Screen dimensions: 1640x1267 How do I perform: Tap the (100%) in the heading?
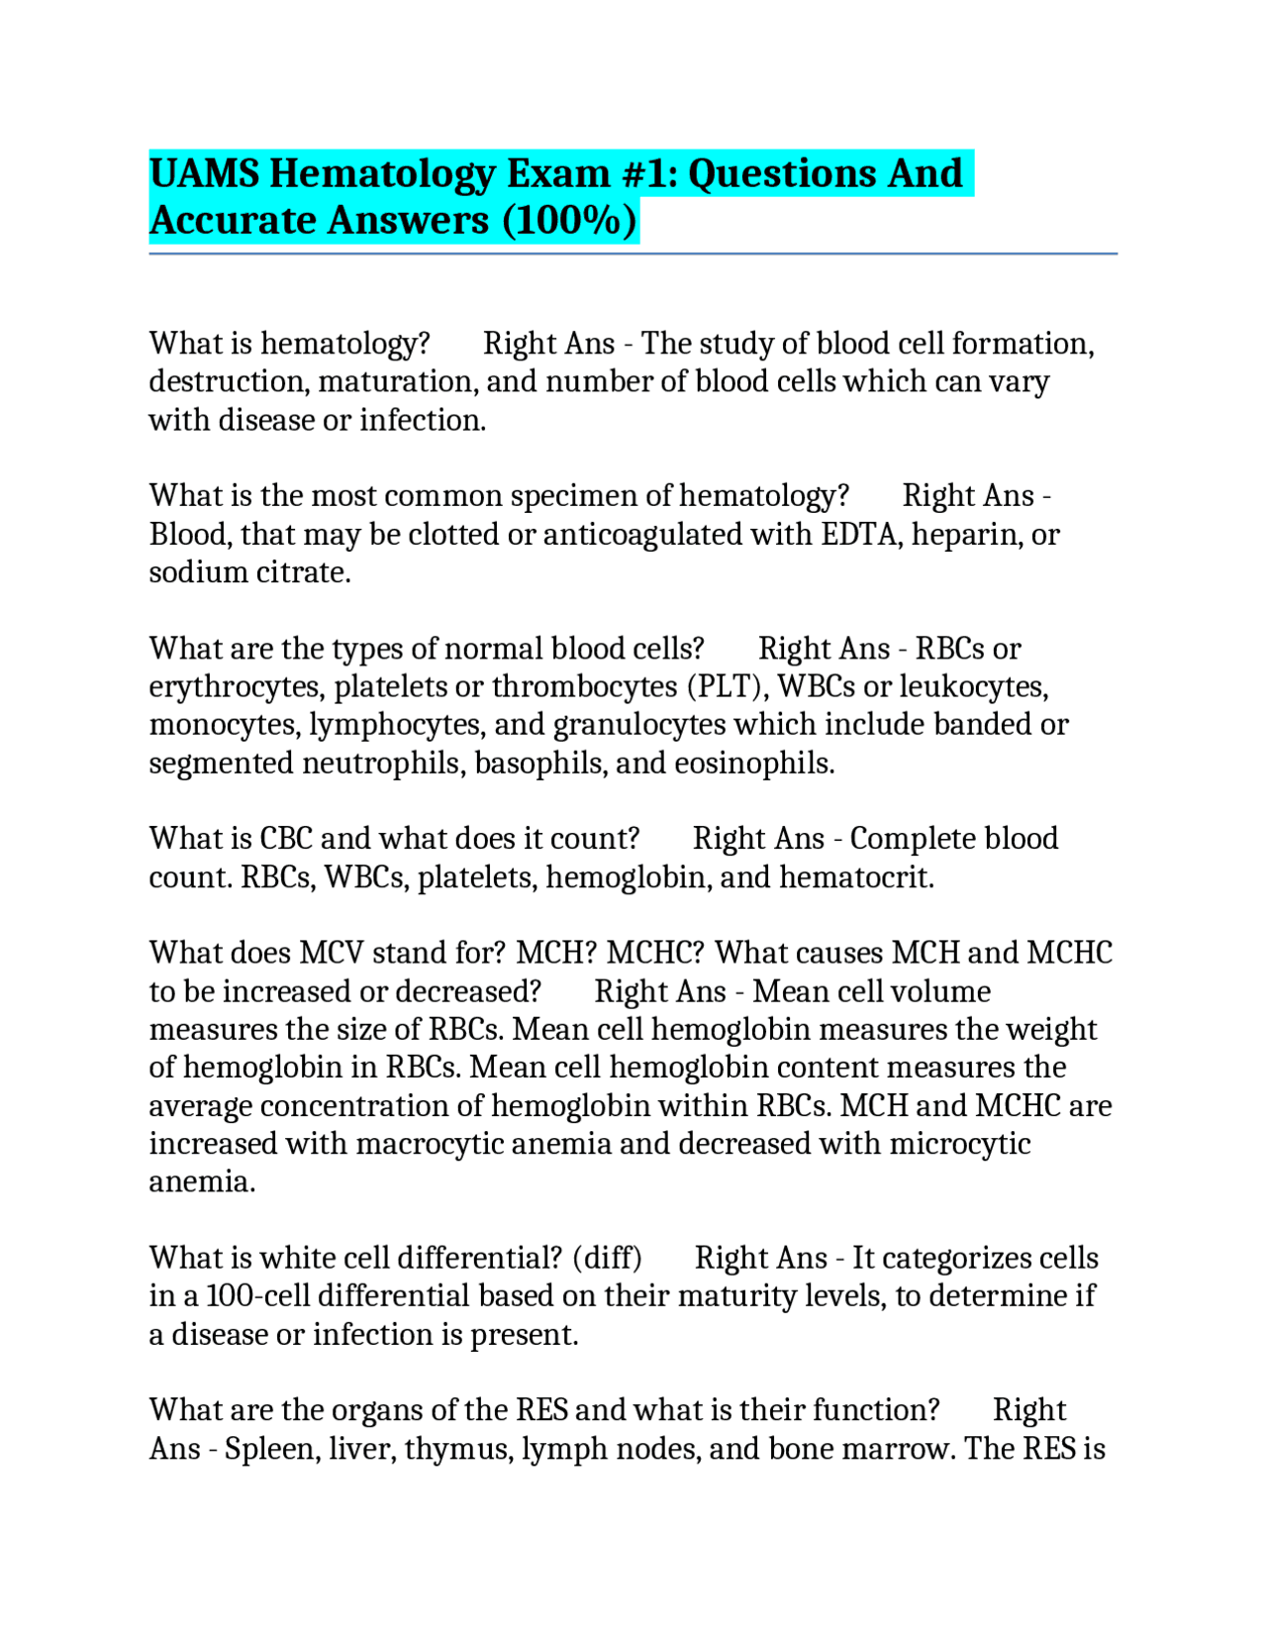(x=569, y=221)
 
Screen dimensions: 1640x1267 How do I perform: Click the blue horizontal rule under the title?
(x=633, y=254)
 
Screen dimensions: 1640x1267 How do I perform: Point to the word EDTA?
(x=858, y=535)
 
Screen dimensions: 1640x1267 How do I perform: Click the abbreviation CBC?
(x=286, y=839)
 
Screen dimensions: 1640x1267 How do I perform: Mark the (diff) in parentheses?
(x=607, y=1258)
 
